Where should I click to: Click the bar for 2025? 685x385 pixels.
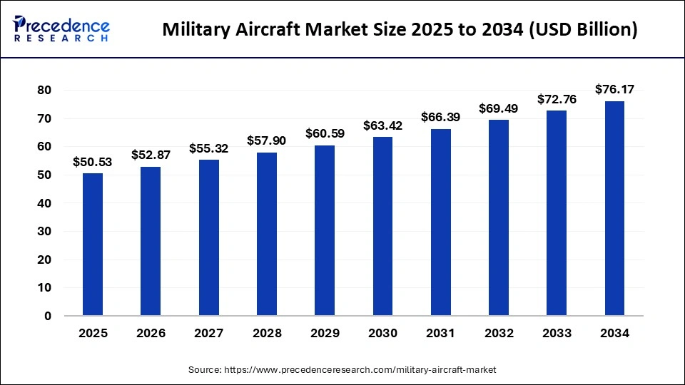[x=93, y=244]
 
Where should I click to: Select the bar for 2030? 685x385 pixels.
[x=382, y=226]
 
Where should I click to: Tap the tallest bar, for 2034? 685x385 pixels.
[x=614, y=208]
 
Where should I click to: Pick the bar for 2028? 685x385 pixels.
[x=266, y=234]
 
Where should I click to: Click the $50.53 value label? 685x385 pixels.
[x=93, y=163]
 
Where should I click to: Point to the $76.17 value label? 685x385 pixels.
[x=614, y=90]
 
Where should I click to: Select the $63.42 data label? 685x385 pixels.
[x=382, y=126]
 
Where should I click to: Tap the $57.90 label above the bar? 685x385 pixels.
[x=266, y=141]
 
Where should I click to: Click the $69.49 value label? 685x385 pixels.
[x=499, y=109]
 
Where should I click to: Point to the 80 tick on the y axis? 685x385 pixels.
[x=44, y=91]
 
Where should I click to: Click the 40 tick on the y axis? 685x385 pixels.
[x=44, y=203]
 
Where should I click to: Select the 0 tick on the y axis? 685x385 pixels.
[x=48, y=316]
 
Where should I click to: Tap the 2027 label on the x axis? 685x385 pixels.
[x=208, y=333]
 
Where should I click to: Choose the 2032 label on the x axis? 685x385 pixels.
[x=499, y=333]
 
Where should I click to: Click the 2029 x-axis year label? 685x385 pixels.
[x=325, y=333]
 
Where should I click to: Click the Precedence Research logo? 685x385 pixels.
[x=61, y=29]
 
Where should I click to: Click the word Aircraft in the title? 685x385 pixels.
[x=268, y=30]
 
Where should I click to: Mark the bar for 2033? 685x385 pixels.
[x=557, y=213]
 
